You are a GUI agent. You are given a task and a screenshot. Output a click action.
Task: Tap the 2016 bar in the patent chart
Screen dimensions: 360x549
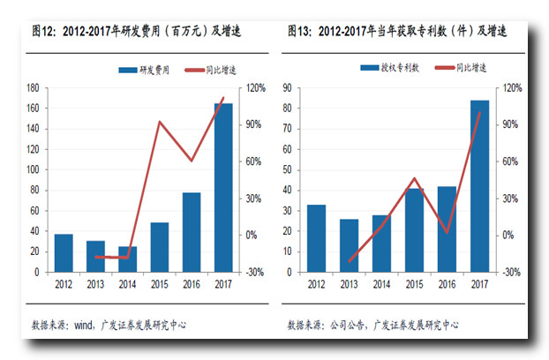click(447, 229)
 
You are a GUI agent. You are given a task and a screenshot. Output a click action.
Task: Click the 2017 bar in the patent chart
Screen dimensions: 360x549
click(480, 186)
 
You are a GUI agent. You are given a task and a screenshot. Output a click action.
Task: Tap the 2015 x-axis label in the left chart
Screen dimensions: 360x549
click(160, 283)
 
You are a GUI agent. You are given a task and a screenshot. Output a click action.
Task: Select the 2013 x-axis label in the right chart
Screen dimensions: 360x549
click(350, 283)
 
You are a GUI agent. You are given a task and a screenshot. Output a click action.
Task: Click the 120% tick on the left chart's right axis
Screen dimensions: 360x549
click(256, 88)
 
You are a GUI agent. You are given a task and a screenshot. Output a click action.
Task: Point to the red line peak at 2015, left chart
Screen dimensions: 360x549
click(159, 122)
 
